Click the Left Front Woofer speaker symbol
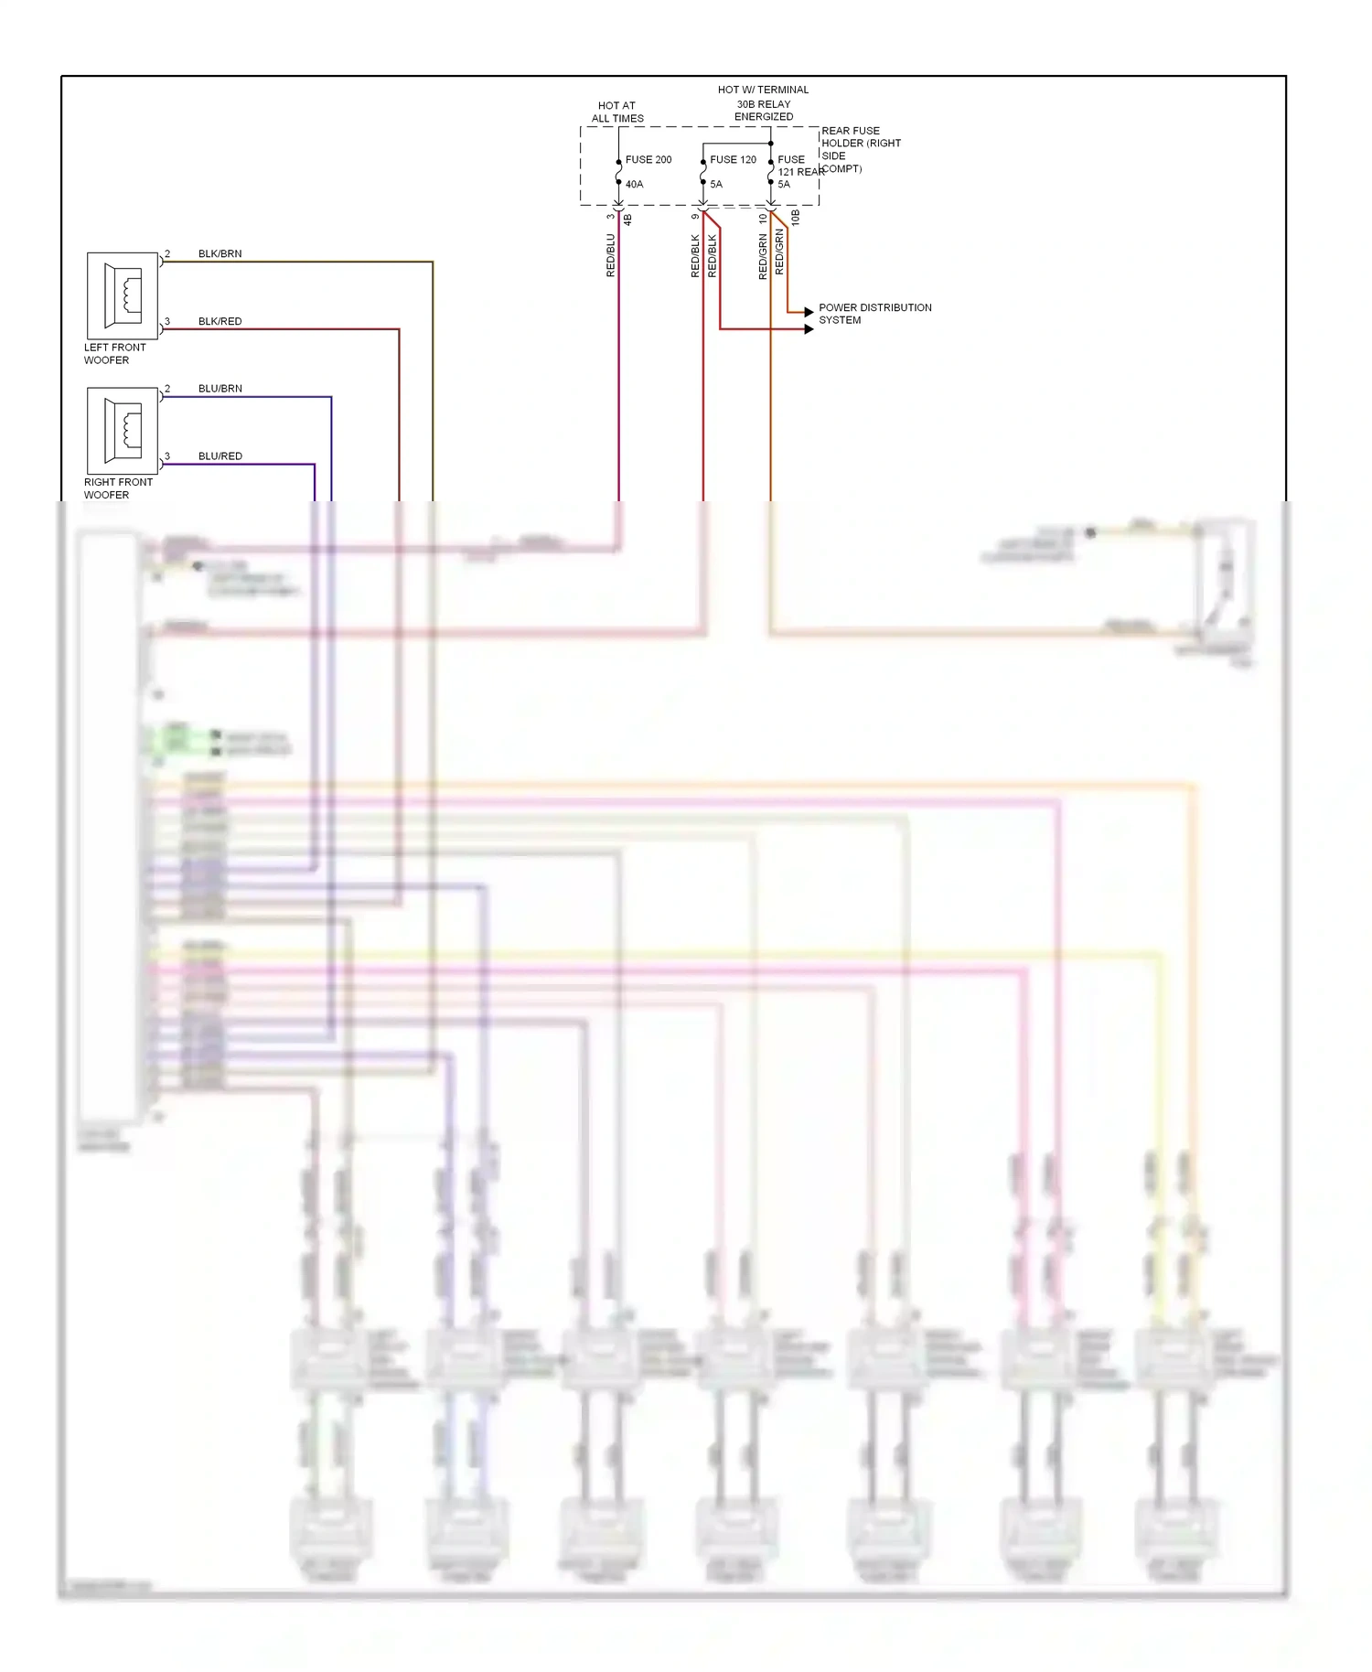click(123, 295)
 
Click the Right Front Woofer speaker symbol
click(123, 430)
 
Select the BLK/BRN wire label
click(220, 253)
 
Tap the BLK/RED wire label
click(220, 321)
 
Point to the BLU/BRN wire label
click(220, 389)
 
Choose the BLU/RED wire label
click(220, 456)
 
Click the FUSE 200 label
click(648, 159)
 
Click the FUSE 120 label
click(733, 159)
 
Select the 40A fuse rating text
click(634, 184)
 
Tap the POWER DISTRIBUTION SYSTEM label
click(874, 314)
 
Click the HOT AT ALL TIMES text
click(616, 112)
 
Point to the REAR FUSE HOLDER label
click(860, 149)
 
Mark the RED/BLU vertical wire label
click(610, 255)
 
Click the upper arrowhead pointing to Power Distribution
click(809, 312)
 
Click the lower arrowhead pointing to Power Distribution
click(809, 329)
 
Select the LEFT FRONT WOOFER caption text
click(114, 354)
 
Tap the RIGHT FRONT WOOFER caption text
click(118, 488)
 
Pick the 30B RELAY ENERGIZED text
click(763, 110)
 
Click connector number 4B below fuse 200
click(627, 220)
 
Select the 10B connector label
click(795, 218)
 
